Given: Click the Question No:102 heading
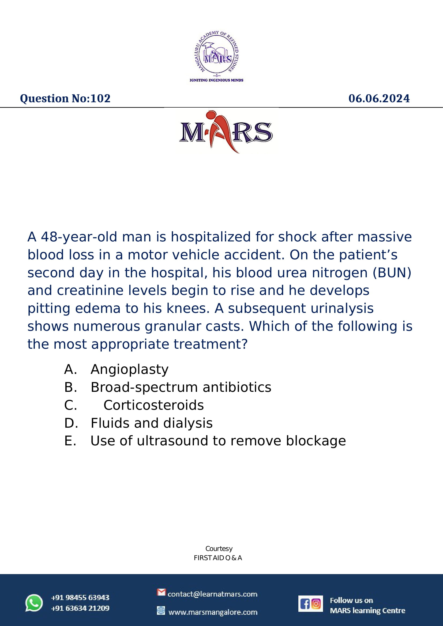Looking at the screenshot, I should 65,98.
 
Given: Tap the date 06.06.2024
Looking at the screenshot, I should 379,98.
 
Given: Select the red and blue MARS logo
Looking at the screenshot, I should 226,132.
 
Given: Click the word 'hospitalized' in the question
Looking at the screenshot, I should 211,237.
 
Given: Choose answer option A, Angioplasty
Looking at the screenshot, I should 130,369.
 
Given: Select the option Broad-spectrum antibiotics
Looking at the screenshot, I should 181,388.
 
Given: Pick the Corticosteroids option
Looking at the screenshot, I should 153,405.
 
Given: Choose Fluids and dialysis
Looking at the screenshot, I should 152,423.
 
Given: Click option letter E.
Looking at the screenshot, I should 70,441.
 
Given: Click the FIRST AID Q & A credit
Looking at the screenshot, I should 218,558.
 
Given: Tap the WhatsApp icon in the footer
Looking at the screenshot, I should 34,603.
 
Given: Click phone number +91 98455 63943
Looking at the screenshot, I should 80,598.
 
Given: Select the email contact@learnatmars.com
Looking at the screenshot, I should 212,594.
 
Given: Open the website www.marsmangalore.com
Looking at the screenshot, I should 213,612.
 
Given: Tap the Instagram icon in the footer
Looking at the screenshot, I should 316,604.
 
